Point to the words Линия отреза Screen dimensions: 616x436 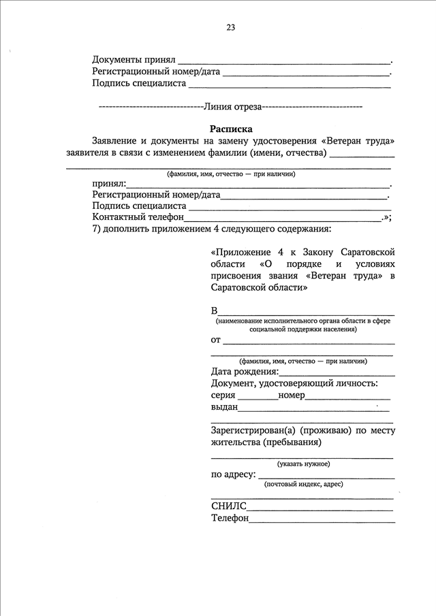(x=233, y=106)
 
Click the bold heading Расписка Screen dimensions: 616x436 (x=231, y=128)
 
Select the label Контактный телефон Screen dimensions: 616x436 (x=138, y=216)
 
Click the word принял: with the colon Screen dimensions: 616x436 (x=109, y=183)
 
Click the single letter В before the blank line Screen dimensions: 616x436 (x=215, y=310)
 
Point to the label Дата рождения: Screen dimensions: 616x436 (x=245, y=372)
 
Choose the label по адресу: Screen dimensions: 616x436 (x=234, y=474)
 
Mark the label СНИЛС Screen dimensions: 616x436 (x=228, y=506)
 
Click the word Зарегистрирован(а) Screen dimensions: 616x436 (x=253, y=430)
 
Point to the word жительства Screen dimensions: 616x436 (x=235, y=442)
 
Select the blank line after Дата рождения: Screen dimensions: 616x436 (x=337, y=374)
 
